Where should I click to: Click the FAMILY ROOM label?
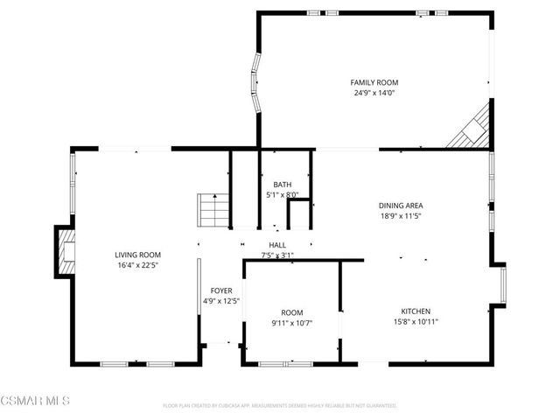click(x=374, y=82)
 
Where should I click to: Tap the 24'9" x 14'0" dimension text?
click(x=374, y=93)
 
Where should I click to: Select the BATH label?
click(x=283, y=185)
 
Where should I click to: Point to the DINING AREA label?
click(x=402, y=206)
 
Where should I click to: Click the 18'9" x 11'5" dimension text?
click(x=402, y=216)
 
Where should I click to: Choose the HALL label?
click(x=277, y=246)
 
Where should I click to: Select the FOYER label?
click(x=220, y=290)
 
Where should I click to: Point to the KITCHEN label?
click(x=416, y=311)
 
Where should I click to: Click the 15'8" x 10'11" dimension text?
click(x=416, y=321)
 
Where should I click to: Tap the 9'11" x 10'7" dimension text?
click(x=291, y=323)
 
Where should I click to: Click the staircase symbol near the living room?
click(x=213, y=210)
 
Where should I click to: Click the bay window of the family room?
click(x=256, y=83)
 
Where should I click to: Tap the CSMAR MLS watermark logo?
click(x=35, y=400)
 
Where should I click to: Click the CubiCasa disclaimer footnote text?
click(x=280, y=405)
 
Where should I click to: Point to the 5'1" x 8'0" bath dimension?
click(x=283, y=195)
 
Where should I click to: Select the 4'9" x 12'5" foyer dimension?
click(x=220, y=301)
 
